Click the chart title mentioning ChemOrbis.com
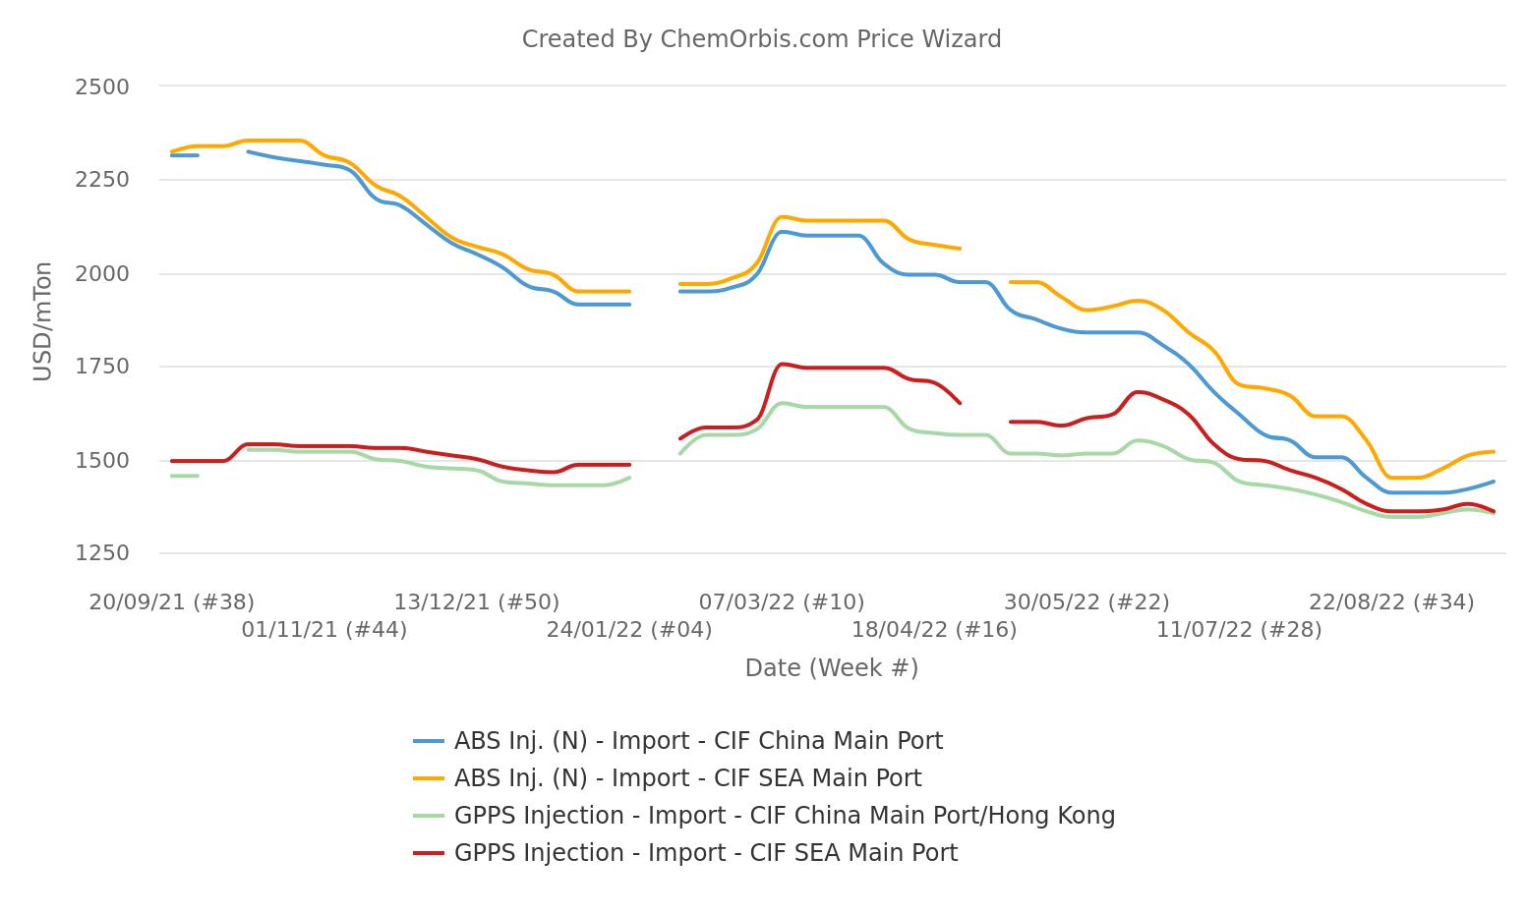coord(761,39)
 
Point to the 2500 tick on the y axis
coord(102,86)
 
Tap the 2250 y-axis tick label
coord(102,180)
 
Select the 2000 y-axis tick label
coord(102,273)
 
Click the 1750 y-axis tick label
coord(102,367)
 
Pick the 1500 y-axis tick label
coord(102,460)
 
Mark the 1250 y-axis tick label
coord(102,553)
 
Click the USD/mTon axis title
coord(42,320)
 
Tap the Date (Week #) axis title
coord(831,668)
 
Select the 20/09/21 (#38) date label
coord(172,602)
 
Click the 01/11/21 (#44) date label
coord(324,630)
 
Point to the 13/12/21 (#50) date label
coord(477,602)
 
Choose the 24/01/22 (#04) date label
coord(629,630)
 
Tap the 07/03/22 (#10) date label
coord(782,602)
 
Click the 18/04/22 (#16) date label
coord(934,630)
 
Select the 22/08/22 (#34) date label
coord(1391,602)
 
